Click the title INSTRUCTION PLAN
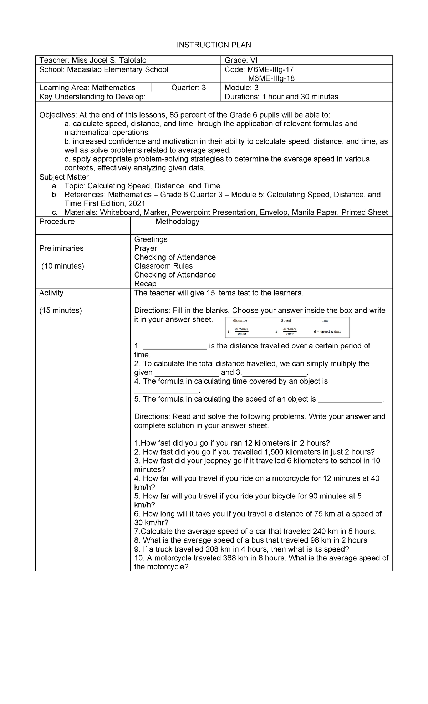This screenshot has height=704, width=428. tap(214, 45)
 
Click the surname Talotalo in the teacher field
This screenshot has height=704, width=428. tap(133, 60)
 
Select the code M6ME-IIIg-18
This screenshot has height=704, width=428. tap(271, 78)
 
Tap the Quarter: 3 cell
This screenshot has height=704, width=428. tap(188, 88)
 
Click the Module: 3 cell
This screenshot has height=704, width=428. tap(241, 88)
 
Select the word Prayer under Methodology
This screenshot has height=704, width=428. tap(146, 248)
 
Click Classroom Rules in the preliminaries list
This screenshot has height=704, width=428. tap(163, 266)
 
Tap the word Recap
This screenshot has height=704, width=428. tap(145, 284)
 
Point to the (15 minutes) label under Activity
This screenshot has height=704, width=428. tap(61, 311)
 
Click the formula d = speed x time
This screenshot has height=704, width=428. tap(327, 332)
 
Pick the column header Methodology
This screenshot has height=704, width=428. tap(177, 222)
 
